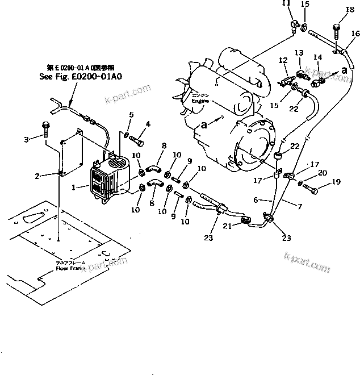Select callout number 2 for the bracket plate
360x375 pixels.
coord(36,176)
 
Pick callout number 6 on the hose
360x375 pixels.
coord(256,200)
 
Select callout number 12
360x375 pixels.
coord(282,60)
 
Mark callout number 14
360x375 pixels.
coord(317,57)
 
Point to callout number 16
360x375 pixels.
coord(355,34)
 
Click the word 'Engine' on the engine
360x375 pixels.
coord(200,101)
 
